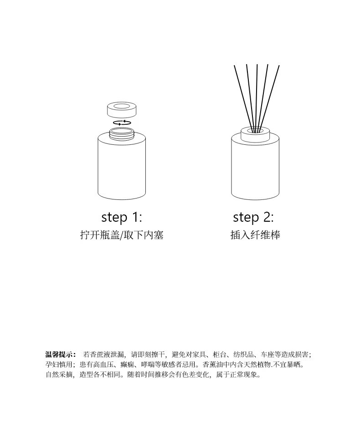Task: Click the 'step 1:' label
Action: click(x=122, y=217)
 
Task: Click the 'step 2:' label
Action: click(x=253, y=217)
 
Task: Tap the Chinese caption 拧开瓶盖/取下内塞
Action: click(x=122, y=235)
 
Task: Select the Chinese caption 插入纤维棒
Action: click(x=255, y=235)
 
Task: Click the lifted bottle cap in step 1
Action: click(x=122, y=109)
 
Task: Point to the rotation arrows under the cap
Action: click(x=122, y=123)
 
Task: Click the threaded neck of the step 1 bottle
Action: click(x=122, y=133)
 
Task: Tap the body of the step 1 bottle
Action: click(x=122, y=167)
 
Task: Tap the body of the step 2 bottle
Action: click(x=255, y=169)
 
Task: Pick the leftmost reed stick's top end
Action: click(x=234, y=66)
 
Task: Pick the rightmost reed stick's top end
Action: click(x=279, y=66)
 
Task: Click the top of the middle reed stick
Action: click(x=257, y=65)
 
